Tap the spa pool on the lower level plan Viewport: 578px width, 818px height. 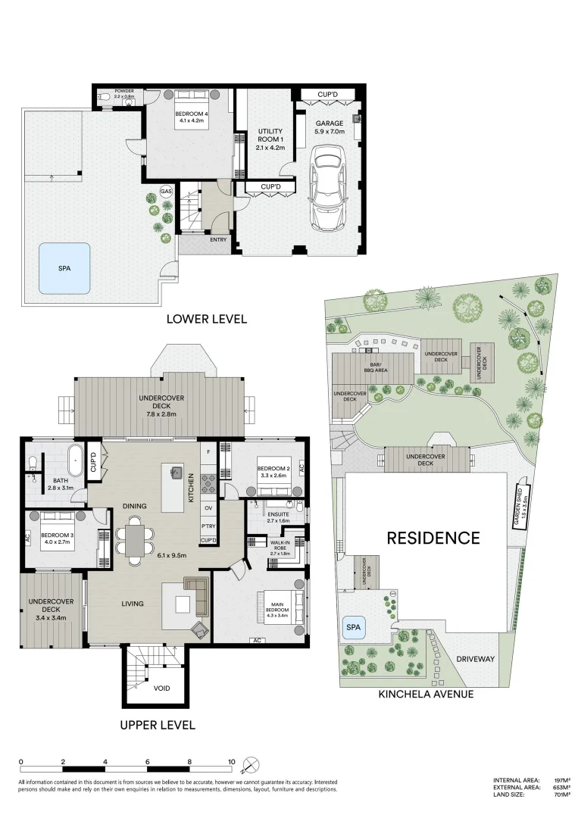[64, 269]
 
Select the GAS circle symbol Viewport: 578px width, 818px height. [166, 192]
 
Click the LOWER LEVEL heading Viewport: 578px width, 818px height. [206, 319]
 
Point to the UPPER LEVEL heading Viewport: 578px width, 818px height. [158, 725]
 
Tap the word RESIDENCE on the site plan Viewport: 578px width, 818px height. [433, 538]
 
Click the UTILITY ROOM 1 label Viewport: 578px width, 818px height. [270, 139]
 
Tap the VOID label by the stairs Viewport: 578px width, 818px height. [162, 688]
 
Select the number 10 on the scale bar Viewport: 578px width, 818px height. [232, 761]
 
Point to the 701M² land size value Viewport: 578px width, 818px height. [561, 794]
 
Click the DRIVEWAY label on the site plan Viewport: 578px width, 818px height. [475, 659]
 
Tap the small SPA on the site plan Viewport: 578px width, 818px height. [353, 628]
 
